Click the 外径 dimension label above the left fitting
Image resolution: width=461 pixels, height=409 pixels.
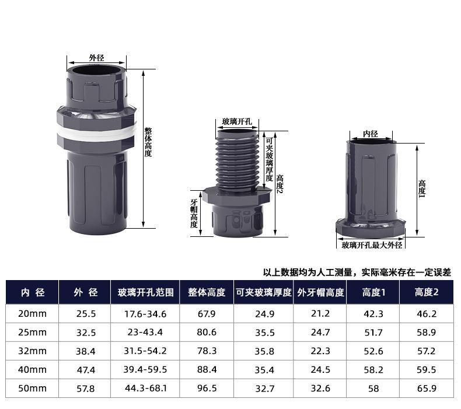[96, 58]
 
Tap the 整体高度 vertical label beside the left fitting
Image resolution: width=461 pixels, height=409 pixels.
[148, 142]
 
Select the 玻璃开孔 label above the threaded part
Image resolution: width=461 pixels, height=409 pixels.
[237, 121]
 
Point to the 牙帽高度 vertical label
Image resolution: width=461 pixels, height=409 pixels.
[194, 214]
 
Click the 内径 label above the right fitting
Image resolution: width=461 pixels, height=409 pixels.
[371, 134]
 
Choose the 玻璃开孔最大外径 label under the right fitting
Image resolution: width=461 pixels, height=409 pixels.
[372, 245]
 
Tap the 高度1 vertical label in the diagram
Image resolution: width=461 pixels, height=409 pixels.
[422, 188]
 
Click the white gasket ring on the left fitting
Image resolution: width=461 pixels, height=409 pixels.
[97, 133]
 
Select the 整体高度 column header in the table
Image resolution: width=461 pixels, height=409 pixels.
[207, 292]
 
